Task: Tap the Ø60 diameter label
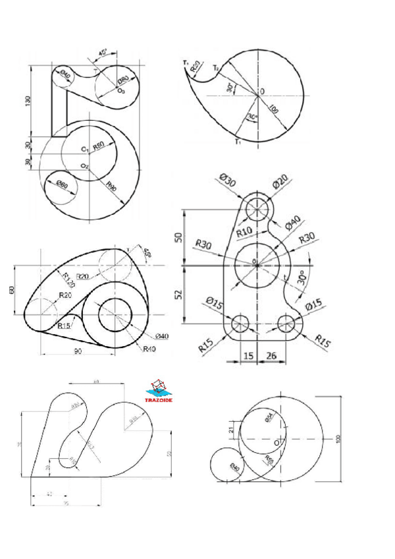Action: coord(63,184)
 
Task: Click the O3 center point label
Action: coord(121,90)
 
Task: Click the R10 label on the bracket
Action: coord(244,231)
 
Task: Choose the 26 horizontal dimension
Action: coord(271,357)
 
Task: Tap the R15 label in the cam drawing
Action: coord(64,326)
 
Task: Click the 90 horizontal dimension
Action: coord(77,352)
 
